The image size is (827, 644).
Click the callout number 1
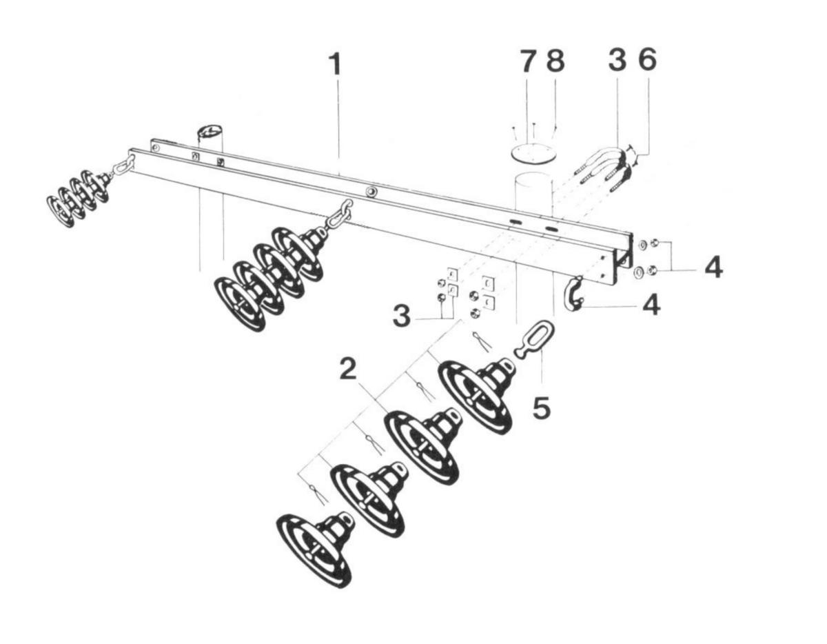pyautogui.click(x=335, y=65)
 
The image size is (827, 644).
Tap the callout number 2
pyautogui.click(x=349, y=370)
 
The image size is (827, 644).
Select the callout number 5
pyautogui.click(x=541, y=407)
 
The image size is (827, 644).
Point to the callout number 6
pyautogui.click(x=646, y=61)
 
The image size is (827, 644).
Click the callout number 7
pyautogui.click(x=527, y=62)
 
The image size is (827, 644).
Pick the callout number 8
pyautogui.click(x=554, y=62)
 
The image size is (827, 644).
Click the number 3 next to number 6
pyautogui.click(x=617, y=61)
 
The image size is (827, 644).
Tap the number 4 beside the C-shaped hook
pyautogui.click(x=649, y=304)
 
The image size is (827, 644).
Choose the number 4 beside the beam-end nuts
pyautogui.click(x=713, y=267)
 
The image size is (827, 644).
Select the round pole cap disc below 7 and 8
pyautogui.click(x=533, y=154)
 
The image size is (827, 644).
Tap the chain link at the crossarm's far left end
pyautogui.click(x=124, y=166)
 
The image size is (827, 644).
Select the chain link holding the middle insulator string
pyautogui.click(x=340, y=213)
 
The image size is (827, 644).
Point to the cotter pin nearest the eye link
pyautogui.click(x=482, y=341)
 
